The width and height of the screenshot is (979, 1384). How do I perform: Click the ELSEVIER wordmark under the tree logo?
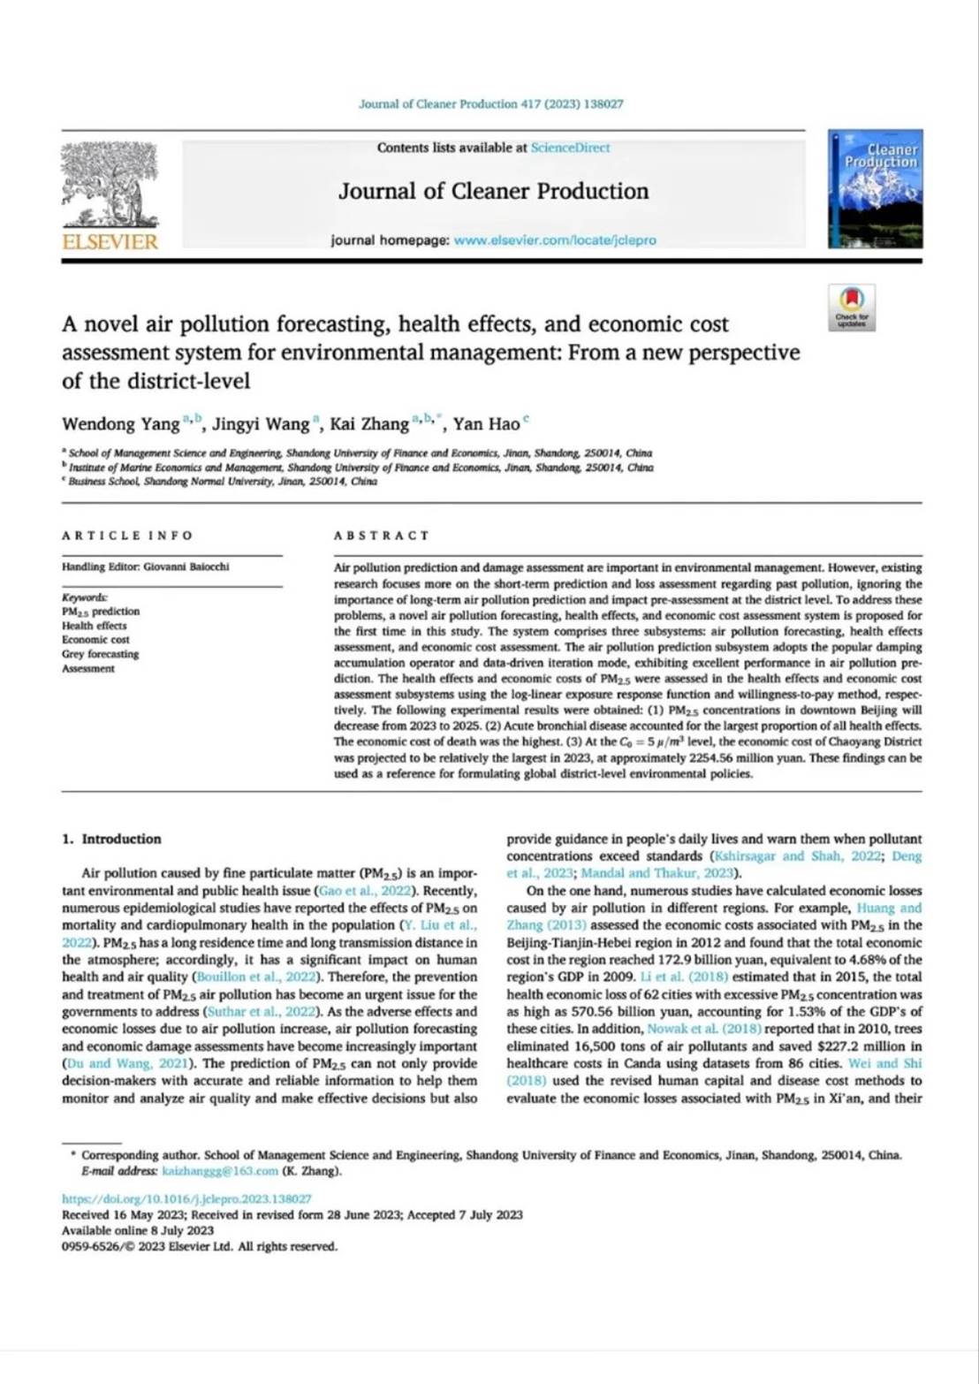click(110, 241)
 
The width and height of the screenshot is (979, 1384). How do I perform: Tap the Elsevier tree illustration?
click(110, 184)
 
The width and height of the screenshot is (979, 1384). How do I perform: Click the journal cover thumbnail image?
click(875, 188)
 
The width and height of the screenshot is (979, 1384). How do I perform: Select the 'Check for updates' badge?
click(852, 307)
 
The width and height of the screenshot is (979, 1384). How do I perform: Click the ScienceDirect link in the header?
click(570, 148)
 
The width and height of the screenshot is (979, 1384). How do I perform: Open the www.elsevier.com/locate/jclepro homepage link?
click(554, 240)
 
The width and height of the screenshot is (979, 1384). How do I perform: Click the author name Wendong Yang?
click(120, 424)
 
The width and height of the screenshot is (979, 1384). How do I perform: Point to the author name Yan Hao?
click(486, 424)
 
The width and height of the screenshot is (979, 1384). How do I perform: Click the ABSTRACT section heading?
click(381, 536)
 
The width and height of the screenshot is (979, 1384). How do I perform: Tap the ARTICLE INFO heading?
click(126, 536)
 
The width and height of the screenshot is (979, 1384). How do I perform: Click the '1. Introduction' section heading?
click(112, 839)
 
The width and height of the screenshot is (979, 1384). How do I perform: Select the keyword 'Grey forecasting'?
click(100, 654)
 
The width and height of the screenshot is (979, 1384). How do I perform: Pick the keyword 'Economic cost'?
click(95, 639)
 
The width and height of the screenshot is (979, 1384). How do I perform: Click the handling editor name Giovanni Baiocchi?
click(186, 567)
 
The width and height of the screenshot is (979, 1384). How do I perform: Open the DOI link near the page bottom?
click(186, 1199)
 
